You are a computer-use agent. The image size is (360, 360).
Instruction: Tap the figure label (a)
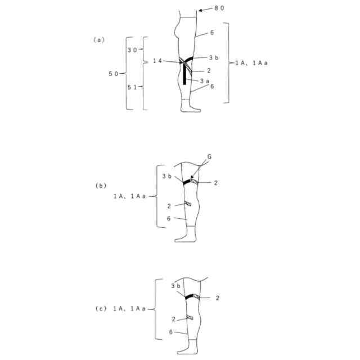pos(98,40)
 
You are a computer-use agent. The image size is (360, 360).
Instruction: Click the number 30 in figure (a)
pos(132,50)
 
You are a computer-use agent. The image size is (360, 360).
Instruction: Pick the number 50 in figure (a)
pos(114,74)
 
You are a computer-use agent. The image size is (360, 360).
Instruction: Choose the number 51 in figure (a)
pos(132,87)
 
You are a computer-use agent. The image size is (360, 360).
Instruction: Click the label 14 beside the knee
pos(157,60)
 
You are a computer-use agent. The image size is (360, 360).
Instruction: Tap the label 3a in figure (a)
pos(205,81)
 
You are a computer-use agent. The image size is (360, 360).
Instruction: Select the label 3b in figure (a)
pos(214,57)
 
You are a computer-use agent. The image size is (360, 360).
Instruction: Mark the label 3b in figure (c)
pos(175,286)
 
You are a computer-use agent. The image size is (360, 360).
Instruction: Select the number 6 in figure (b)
pos(169,218)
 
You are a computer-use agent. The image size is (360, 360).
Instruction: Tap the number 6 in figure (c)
pos(171,332)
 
